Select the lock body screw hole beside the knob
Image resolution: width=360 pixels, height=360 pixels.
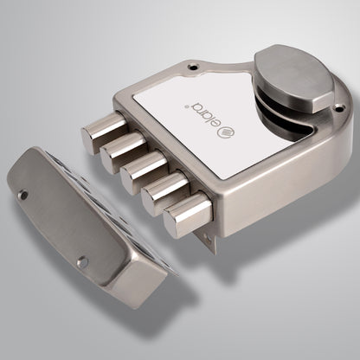coord(339,108)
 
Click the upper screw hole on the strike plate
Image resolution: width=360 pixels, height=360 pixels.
coord(24,196)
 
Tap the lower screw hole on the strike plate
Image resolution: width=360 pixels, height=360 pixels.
coord(83,261)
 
